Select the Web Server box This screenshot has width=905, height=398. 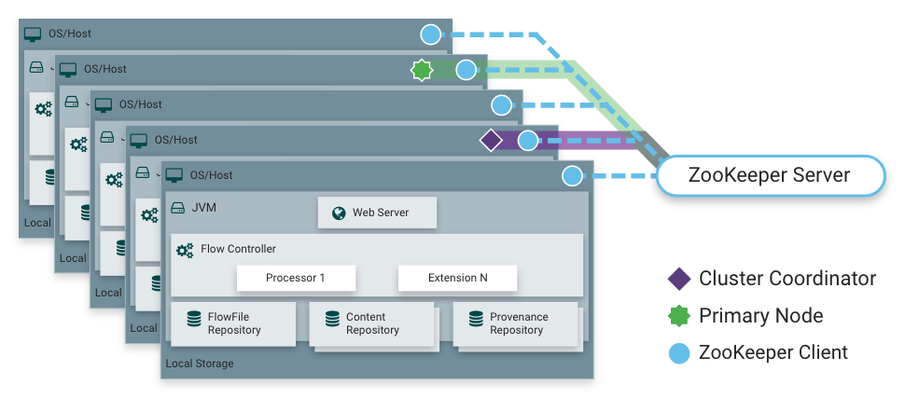pos(378,213)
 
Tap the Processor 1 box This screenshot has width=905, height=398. pos(295,278)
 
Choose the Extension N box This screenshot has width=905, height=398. pos(457,278)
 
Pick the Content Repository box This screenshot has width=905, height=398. pos(371,323)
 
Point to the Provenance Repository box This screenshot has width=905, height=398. pos(515,323)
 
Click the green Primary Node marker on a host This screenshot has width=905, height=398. pos(422,70)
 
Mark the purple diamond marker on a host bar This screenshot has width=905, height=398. pos(491,141)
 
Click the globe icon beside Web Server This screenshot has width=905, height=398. pos(337,213)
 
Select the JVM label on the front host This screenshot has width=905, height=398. pos(202,207)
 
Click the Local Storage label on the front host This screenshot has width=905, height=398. pos(199,364)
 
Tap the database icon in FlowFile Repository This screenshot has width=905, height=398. pos(194,319)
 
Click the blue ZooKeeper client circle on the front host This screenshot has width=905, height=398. pos(572,176)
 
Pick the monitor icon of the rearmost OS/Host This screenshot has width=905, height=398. pos(33,34)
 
